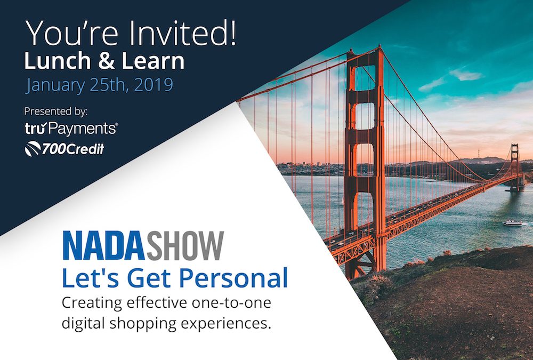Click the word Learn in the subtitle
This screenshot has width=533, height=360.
pos(155,61)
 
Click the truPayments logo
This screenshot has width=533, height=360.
pos(71,129)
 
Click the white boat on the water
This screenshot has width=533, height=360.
pos(512,222)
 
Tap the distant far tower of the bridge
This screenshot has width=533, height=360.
pos(514,165)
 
